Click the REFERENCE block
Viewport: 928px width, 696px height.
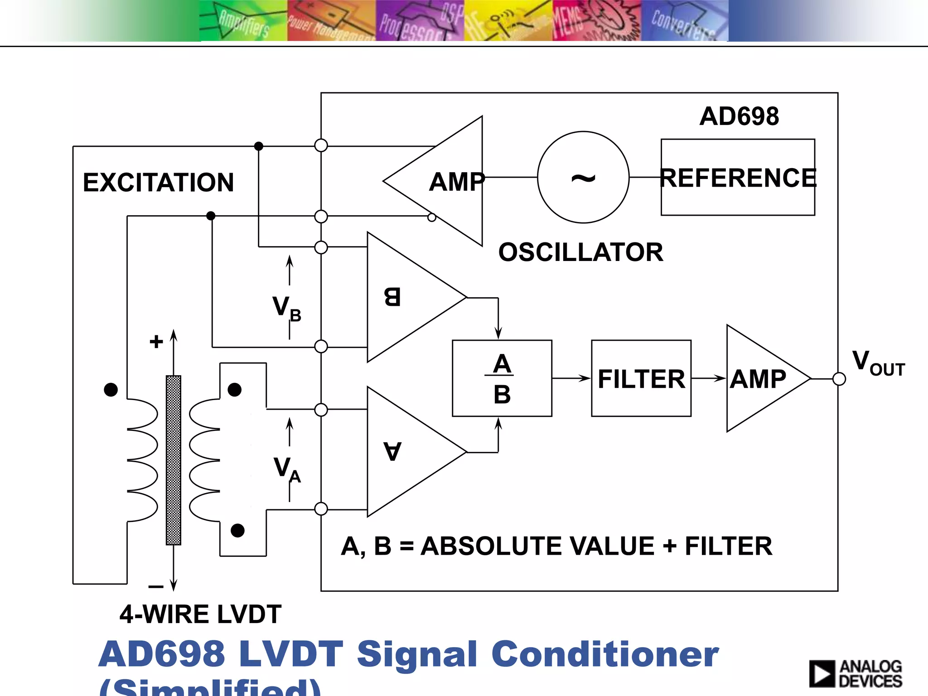point(738,177)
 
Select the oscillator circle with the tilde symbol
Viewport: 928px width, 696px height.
point(583,177)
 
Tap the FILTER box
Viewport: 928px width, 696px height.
point(641,378)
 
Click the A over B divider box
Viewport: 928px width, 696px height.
point(502,378)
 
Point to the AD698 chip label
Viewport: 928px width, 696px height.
point(739,116)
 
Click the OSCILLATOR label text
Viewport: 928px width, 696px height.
point(580,252)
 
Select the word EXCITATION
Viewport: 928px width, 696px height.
point(158,182)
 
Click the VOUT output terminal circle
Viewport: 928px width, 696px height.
point(839,379)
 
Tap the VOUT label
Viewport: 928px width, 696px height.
point(878,363)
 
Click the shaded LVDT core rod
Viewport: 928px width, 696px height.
point(174,460)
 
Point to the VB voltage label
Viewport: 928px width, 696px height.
point(286,308)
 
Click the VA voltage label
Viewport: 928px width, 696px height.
point(287,469)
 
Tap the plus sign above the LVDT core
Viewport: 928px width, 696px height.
point(156,341)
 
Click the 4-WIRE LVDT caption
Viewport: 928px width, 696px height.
point(200,614)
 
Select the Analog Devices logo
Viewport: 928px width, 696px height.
point(855,673)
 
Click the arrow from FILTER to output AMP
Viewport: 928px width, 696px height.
point(709,378)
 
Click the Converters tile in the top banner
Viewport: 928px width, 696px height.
point(684,21)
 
